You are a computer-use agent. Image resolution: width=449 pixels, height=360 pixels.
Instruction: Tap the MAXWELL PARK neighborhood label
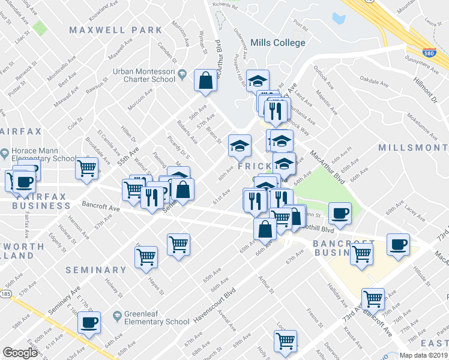tap(115, 30)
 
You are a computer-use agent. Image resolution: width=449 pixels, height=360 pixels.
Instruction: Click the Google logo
tap(20, 353)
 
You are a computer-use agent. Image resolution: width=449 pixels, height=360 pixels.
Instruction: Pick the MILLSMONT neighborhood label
tap(413, 148)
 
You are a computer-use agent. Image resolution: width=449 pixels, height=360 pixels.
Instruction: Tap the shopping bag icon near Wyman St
tap(205, 81)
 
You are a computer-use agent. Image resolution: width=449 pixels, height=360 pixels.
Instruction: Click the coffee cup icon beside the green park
tap(340, 213)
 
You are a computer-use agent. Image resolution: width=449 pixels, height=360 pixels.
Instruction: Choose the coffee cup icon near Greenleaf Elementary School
tap(89, 322)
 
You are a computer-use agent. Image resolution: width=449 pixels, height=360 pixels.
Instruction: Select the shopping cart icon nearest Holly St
tap(286, 340)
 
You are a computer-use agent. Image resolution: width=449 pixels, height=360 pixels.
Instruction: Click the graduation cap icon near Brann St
tap(240, 145)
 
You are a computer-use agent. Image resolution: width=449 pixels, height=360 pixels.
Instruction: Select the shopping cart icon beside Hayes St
tap(146, 257)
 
